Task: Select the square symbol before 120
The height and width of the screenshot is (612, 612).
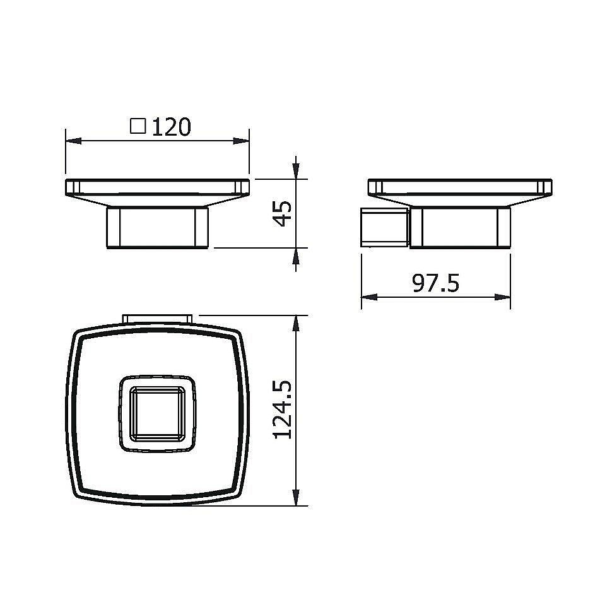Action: pos(138,126)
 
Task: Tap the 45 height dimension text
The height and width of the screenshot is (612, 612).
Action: pos(282,213)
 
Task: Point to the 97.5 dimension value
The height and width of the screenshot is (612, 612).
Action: pos(435,283)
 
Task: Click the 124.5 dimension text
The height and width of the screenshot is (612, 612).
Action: pos(282,410)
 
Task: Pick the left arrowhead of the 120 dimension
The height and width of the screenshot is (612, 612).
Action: pos(73,141)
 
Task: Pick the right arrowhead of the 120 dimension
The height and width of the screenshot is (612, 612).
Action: pos(241,141)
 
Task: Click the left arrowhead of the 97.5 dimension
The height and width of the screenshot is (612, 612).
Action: pos(369,297)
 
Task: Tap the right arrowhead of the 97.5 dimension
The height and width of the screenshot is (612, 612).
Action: pos(502,297)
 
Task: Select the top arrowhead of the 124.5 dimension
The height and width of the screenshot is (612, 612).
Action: pos(297,323)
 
